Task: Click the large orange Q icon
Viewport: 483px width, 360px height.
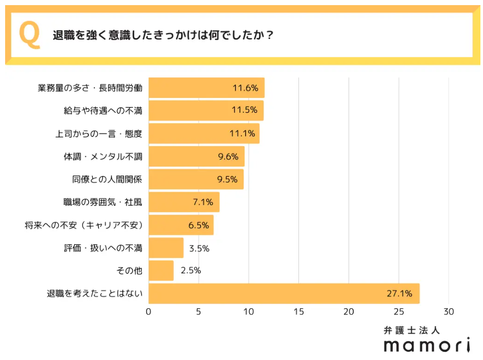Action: (x=29, y=35)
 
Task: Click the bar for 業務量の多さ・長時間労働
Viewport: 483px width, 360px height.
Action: (x=206, y=88)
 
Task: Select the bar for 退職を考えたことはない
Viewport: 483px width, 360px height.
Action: (x=284, y=293)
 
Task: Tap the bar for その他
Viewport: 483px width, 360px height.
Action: (x=161, y=270)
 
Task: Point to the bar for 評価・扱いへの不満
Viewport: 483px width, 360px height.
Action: (x=166, y=248)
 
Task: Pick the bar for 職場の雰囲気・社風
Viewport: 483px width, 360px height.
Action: (x=184, y=202)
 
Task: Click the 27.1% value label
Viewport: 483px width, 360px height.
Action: (x=399, y=294)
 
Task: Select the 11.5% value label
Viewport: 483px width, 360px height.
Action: (x=244, y=110)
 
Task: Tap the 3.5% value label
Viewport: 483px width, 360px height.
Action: (x=199, y=248)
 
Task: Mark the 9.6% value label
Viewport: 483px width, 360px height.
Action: (x=228, y=156)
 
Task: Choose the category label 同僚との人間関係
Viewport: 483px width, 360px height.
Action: (x=107, y=179)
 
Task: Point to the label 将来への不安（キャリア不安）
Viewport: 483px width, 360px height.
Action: (x=83, y=225)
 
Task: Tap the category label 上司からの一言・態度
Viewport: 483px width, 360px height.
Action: (x=98, y=133)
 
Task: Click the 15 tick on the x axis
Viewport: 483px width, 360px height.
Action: (x=298, y=312)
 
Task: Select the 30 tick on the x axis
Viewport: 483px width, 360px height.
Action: (x=449, y=312)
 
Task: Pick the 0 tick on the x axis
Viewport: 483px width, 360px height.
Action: (x=149, y=312)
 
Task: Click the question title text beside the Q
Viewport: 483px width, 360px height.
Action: (x=163, y=36)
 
